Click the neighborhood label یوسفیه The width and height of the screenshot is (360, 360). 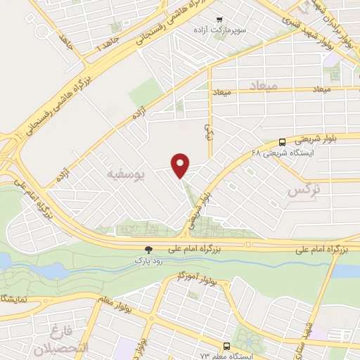click(122, 171)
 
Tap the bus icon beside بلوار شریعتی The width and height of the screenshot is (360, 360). click(282, 141)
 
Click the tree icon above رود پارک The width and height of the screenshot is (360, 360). click(148, 249)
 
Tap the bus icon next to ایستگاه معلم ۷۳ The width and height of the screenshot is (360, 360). click(226, 346)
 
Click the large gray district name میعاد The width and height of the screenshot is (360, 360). click(264, 85)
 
